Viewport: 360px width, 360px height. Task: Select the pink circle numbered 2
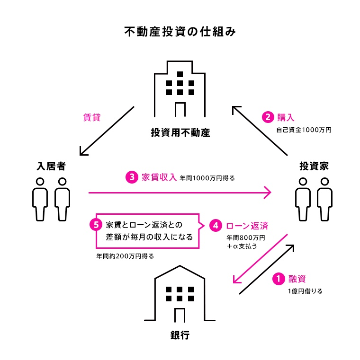point(268,116)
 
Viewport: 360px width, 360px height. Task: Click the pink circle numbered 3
point(131,177)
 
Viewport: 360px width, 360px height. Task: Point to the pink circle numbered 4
point(216,225)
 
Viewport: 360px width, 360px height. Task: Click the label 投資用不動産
point(180,132)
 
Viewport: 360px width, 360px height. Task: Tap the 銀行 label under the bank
point(180,335)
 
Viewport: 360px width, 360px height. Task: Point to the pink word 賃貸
point(91,118)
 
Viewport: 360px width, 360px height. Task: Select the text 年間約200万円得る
point(125,256)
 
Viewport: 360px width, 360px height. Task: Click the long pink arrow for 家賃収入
point(180,193)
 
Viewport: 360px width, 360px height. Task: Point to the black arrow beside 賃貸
point(107,131)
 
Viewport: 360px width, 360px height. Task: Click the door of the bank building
point(180,314)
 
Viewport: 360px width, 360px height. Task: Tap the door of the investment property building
point(180,109)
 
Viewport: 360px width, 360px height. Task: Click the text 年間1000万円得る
point(207,179)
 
